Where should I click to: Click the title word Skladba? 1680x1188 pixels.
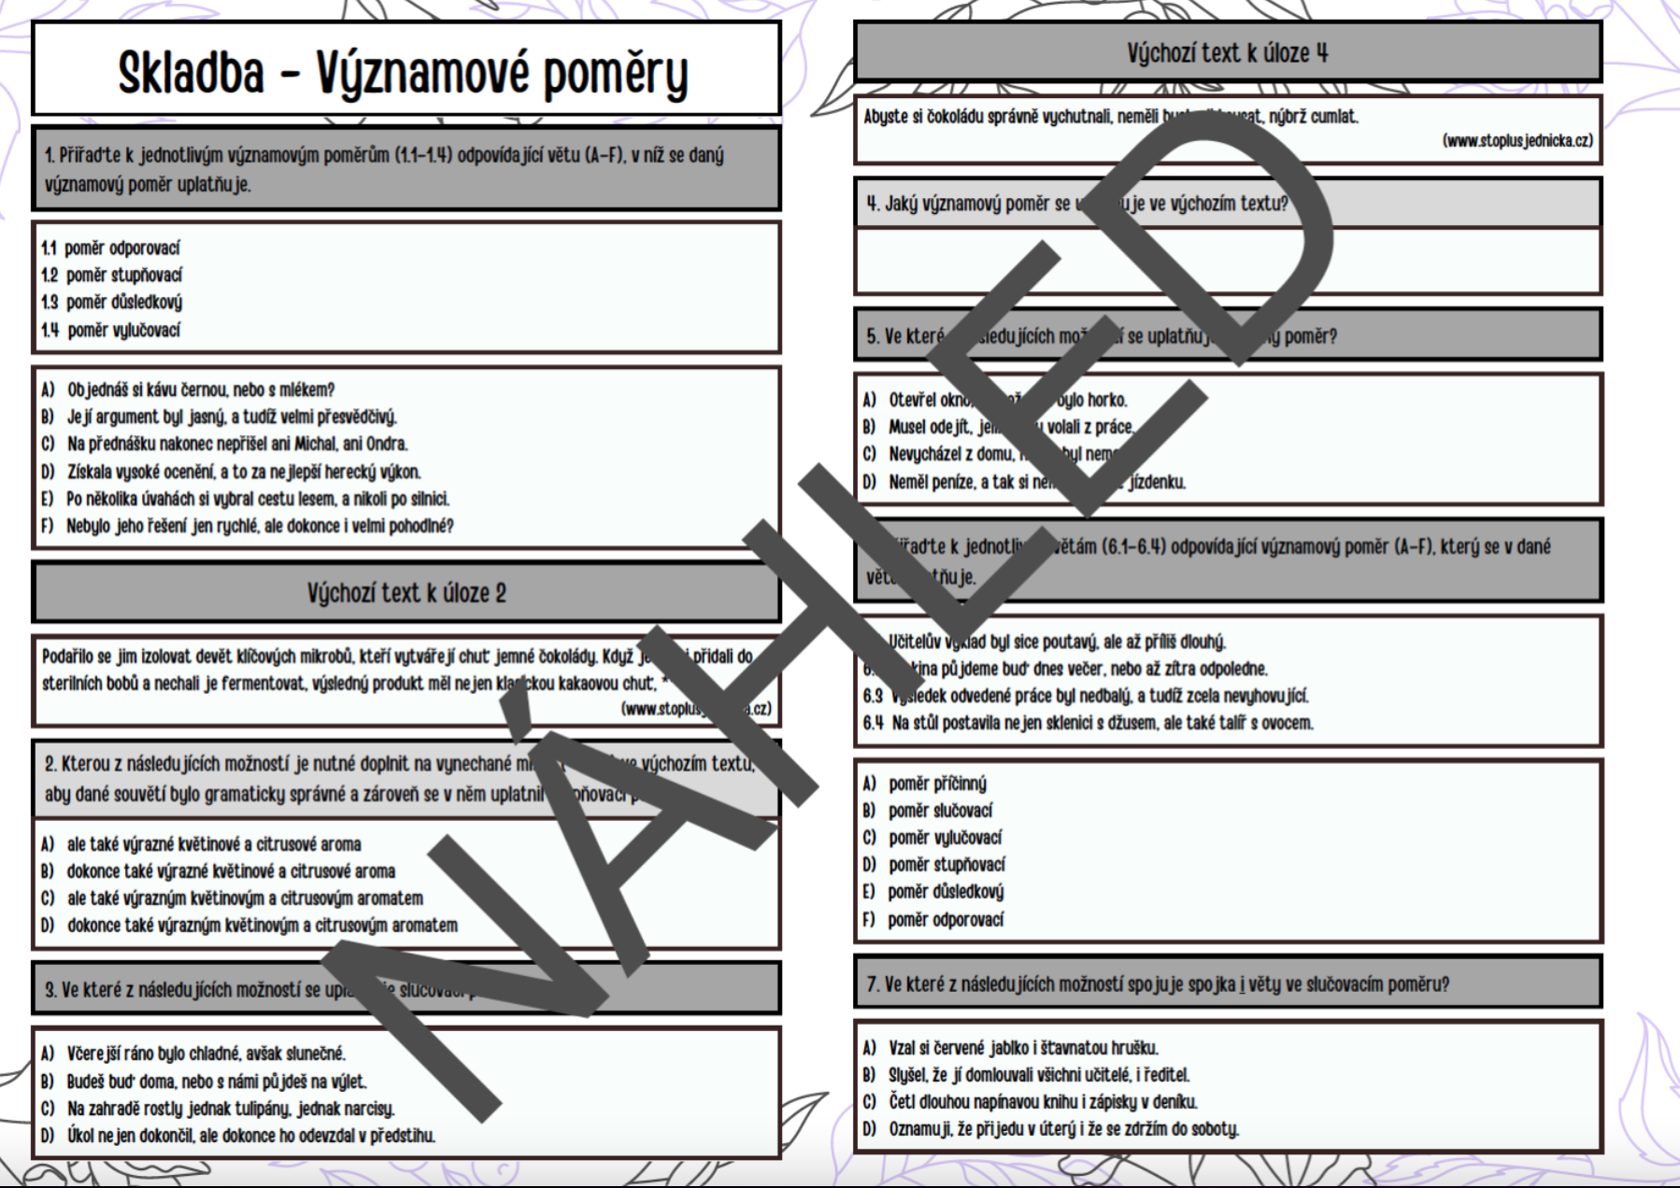pyautogui.click(x=191, y=73)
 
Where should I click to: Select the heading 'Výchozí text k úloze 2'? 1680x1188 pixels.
pyautogui.click(x=406, y=593)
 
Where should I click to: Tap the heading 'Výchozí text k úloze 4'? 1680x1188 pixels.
pyautogui.click(x=1227, y=52)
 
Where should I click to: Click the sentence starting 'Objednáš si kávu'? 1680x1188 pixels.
pyautogui.click(x=200, y=389)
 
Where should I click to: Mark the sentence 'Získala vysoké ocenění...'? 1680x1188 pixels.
pyautogui.click(x=243, y=472)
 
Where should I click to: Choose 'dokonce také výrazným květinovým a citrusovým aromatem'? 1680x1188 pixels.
pyautogui.click(x=262, y=926)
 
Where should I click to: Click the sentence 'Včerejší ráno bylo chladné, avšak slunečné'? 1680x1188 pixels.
pyautogui.click(x=206, y=1054)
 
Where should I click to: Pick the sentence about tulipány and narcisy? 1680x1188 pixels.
pyautogui.click(x=230, y=1109)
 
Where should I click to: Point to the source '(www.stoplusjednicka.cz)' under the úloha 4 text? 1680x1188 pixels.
pyautogui.click(x=1517, y=141)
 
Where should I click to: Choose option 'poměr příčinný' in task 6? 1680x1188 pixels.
pyautogui.click(x=936, y=784)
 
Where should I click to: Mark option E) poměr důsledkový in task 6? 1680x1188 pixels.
pyautogui.click(x=945, y=892)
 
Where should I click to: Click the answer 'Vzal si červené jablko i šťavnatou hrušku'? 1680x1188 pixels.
pyautogui.click(x=1023, y=1048)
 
